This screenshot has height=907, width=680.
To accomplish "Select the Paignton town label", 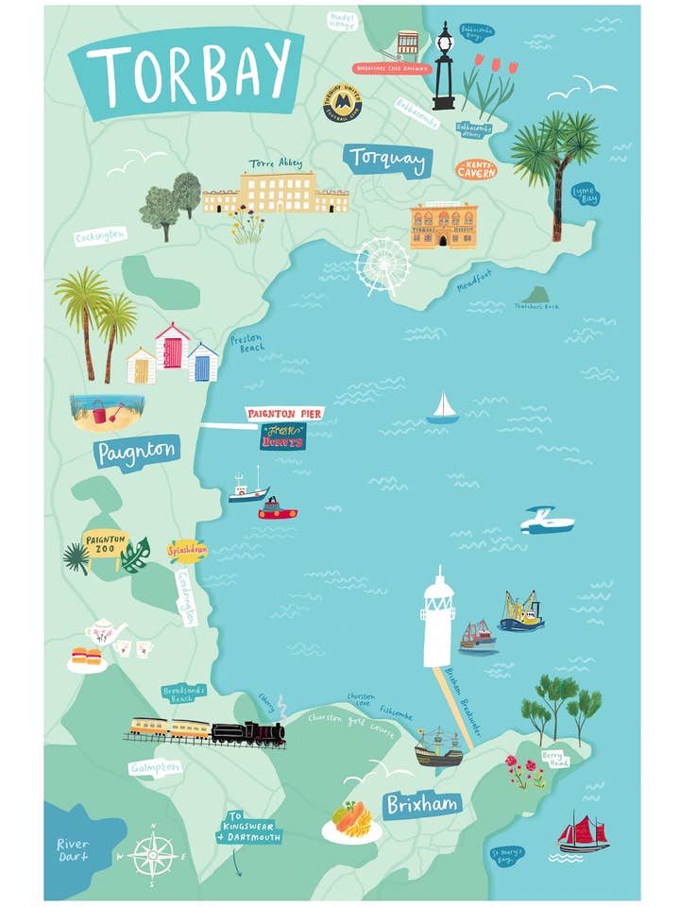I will (138, 451).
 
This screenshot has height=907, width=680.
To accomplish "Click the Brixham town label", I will (422, 805).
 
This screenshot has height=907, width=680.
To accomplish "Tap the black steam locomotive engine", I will (247, 733).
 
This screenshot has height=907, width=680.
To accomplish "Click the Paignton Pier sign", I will (284, 413).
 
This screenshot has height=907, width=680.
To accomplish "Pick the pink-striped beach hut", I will (172, 347).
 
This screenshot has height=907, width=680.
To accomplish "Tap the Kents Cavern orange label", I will (475, 170).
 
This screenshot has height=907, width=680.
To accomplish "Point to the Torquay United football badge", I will (342, 102).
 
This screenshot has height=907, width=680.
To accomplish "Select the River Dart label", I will (73, 849).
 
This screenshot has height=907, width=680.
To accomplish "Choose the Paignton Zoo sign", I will (106, 543).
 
